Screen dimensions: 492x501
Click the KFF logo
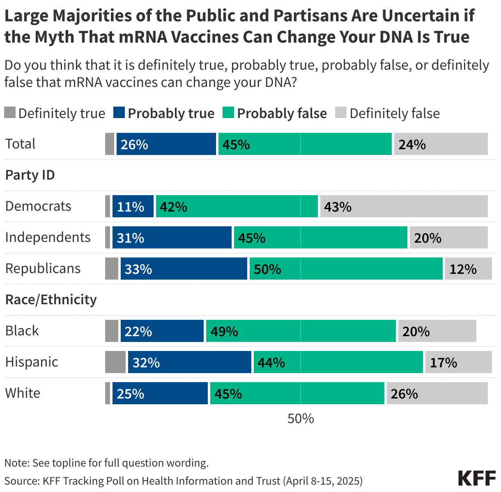tap(476, 478)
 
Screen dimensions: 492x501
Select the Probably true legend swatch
tap(119, 113)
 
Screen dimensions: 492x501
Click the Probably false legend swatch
tap(228, 113)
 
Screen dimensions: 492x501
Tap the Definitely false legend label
tap(394, 113)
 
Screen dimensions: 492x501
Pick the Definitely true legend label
tap(62, 113)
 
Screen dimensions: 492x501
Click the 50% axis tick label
tap(301, 419)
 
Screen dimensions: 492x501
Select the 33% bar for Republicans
tap(184, 269)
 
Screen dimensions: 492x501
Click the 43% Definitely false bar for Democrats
tap(404, 206)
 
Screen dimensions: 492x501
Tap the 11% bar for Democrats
tap(133, 206)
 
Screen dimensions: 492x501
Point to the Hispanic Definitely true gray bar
tap(115, 362)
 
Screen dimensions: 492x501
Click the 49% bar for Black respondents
tap(301, 331)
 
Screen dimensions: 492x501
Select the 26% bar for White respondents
tap(437, 393)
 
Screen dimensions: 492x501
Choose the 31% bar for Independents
tap(172, 237)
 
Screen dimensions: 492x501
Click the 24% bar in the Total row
tap(441, 144)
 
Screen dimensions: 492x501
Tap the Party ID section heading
tap(30, 175)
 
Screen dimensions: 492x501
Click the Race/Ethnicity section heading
tap(51, 300)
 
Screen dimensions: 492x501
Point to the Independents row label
tap(48, 237)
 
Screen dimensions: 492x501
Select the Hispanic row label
tap(32, 362)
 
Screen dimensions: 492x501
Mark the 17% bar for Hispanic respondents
tap(458, 362)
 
